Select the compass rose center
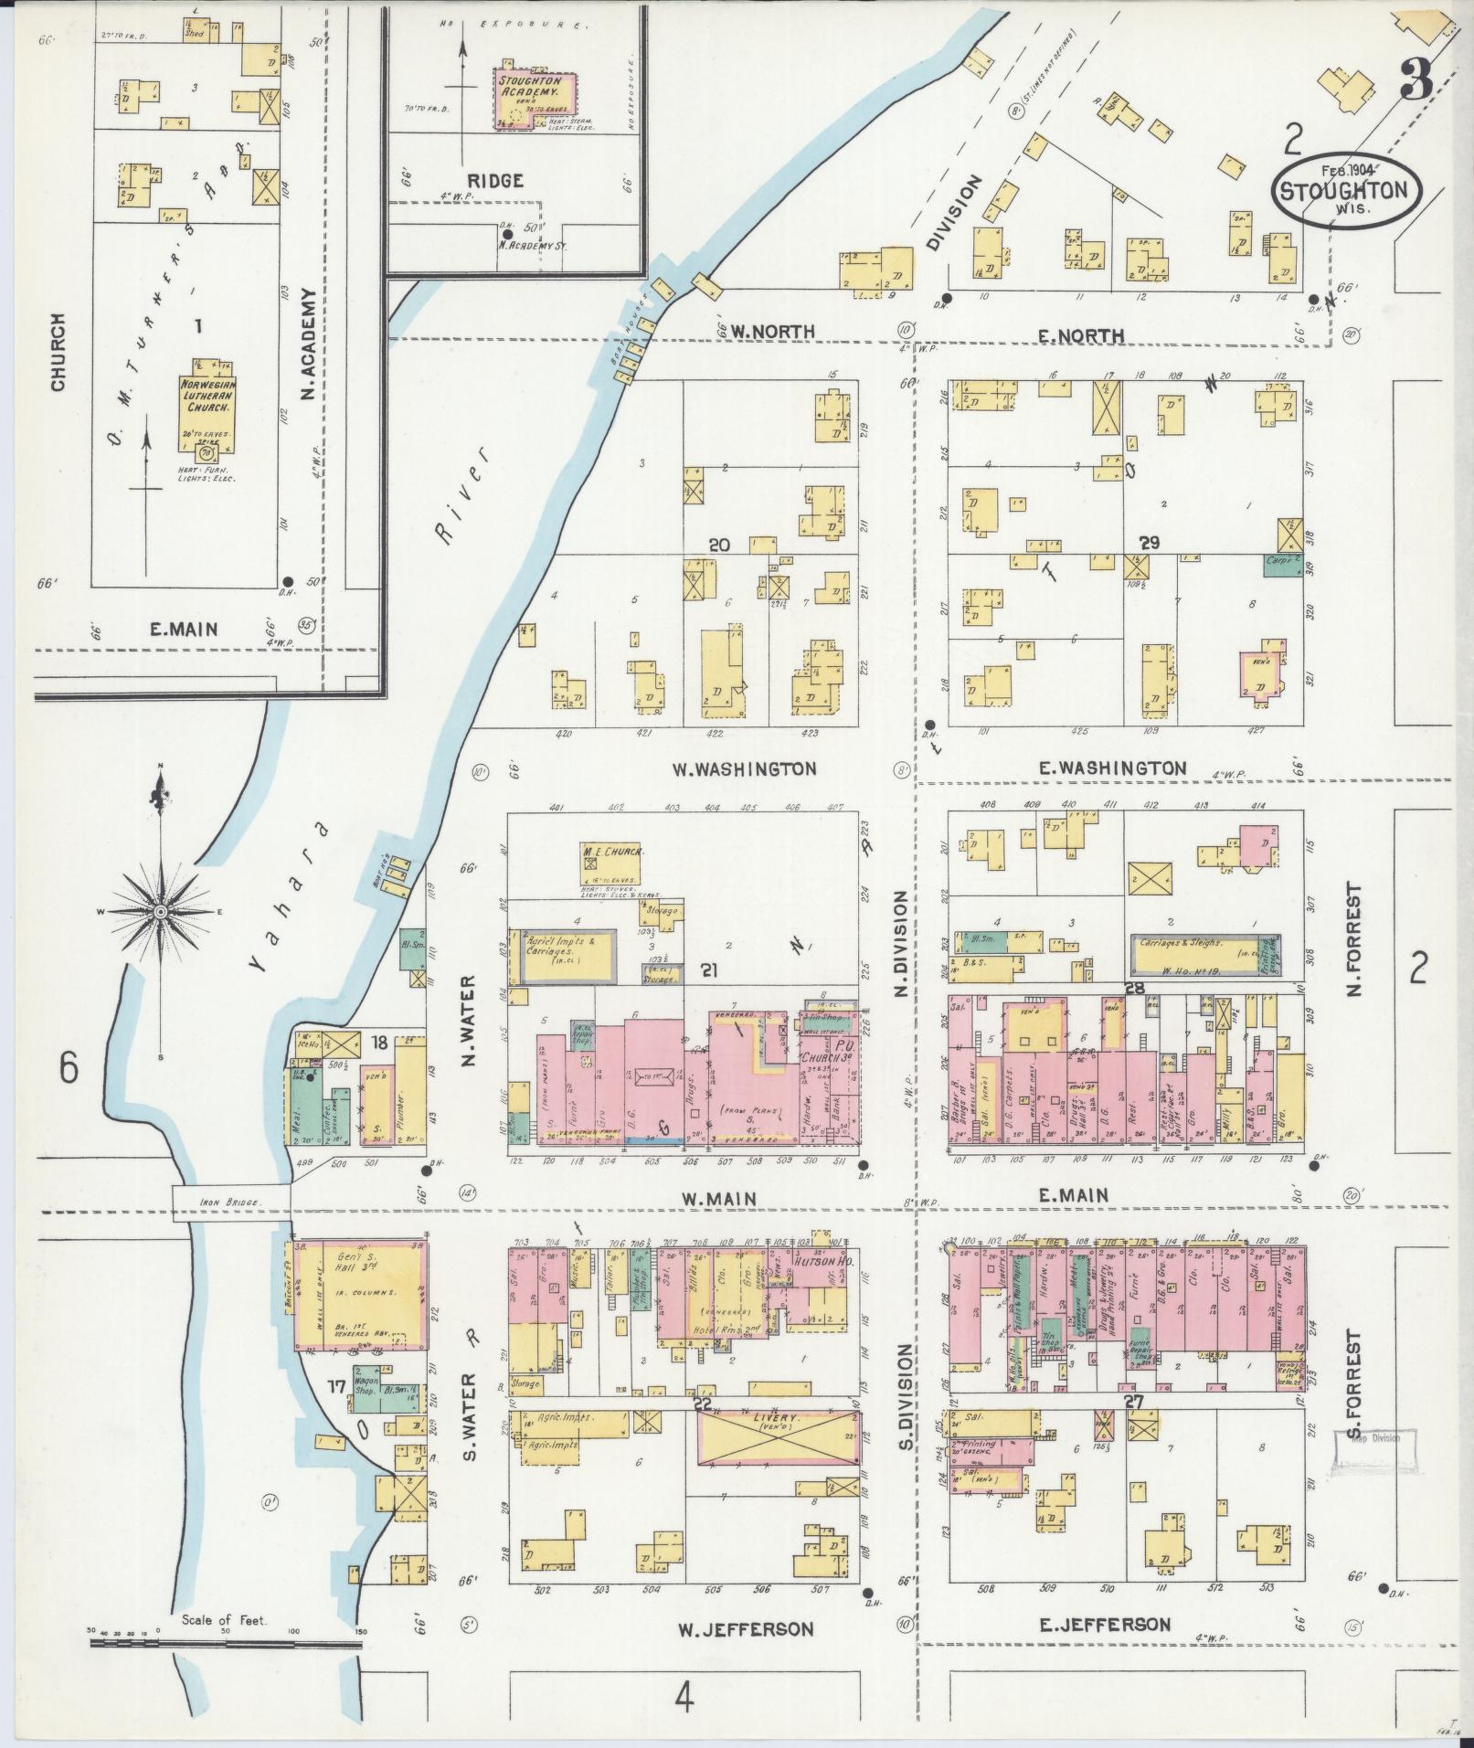pos(161,911)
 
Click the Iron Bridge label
pos(230,1203)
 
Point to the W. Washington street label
pos(744,768)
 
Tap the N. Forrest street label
pos(1354,941)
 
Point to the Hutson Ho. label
pos(818,1262)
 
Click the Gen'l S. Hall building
pos(359,1294)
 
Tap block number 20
pos(718,545)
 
